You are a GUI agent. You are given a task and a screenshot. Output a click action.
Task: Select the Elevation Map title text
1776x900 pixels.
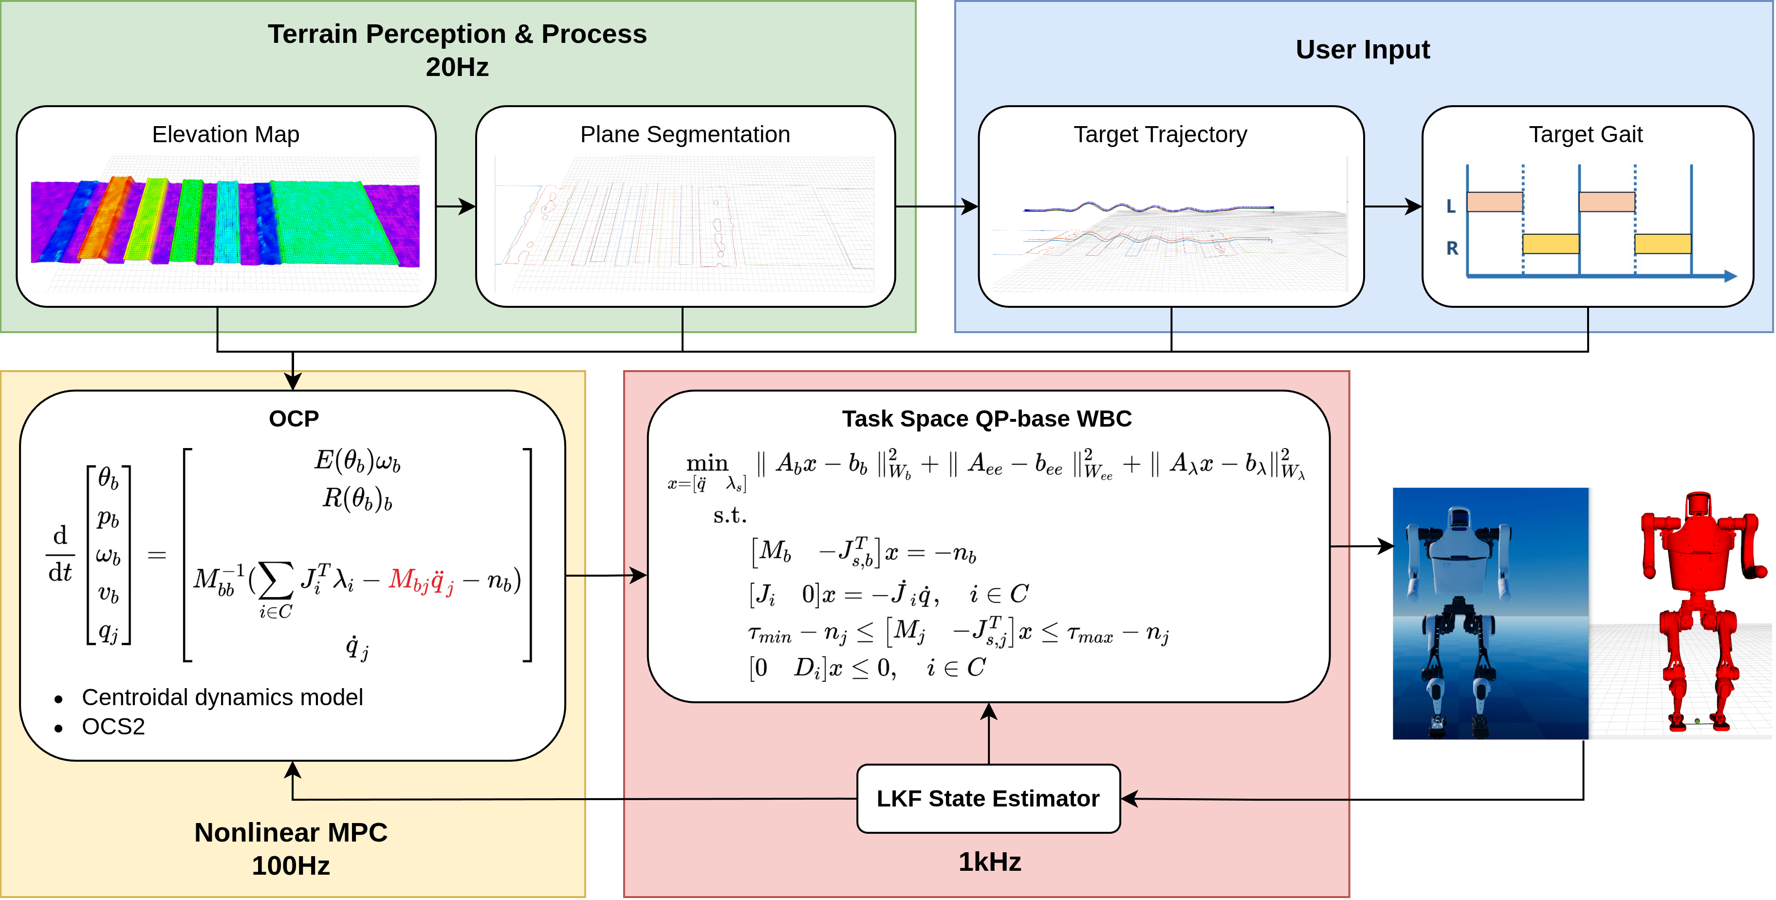[x=225, y=134]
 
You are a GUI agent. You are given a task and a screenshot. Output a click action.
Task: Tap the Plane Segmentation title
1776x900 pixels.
[x=684, y=134]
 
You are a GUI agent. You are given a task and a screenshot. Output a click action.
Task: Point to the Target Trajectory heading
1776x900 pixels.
[x=1160, y=134]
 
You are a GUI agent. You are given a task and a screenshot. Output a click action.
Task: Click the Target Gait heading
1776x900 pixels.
[x=1585, y=134]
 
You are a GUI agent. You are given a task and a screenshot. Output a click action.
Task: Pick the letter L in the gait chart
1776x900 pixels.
[x=1451, y=206]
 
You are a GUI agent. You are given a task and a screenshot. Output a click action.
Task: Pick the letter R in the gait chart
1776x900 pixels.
[x=1451, y=248]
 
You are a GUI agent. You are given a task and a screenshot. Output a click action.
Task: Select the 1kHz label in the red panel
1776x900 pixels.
[x=989, y=862]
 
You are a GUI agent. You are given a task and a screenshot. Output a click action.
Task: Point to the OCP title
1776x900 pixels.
[x=294, y=419]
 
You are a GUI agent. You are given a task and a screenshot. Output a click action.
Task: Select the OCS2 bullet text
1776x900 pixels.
[x=113, y=726]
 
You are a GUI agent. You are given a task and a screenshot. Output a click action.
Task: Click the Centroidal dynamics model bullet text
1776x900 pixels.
[x=222, y=697]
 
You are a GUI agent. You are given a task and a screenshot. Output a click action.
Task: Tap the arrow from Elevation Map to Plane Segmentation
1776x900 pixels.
[x=456, y=206]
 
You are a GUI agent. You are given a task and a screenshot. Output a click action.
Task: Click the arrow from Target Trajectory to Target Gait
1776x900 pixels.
[x=1393, y=206]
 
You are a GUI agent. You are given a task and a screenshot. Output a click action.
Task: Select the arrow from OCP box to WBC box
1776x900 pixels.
[x=605, y=575]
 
